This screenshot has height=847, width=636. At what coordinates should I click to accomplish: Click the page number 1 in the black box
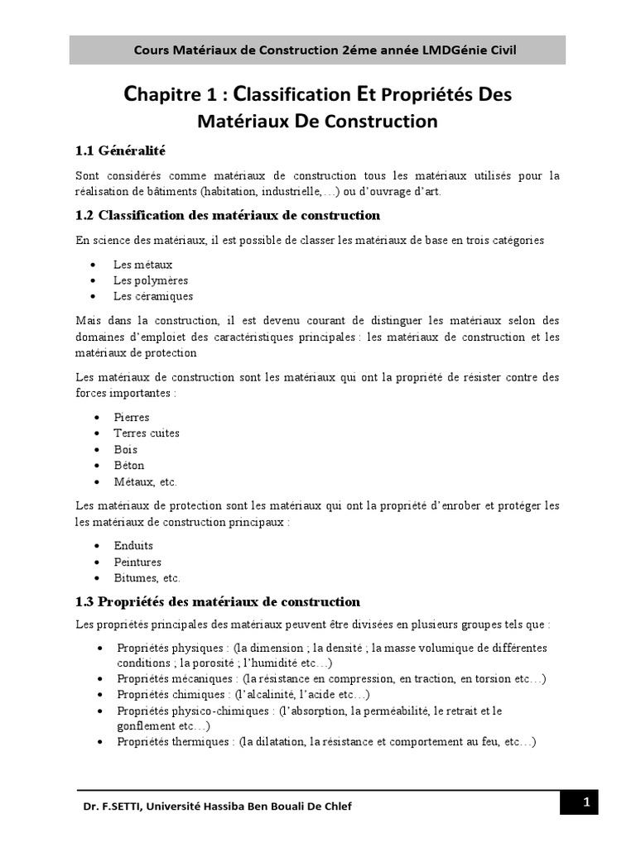(x=585, y=802)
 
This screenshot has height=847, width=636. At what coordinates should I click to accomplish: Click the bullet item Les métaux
(x=143, y=264)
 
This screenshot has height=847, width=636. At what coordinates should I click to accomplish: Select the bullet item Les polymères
(x=151, y=280)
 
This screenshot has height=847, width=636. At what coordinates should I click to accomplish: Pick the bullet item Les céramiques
(x=153, y=296)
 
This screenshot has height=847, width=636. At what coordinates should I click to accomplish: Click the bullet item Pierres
(x=132, y=417)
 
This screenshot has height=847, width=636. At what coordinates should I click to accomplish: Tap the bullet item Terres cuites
(x=147, y=433)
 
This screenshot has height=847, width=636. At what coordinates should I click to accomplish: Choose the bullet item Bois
(x=126, y=449)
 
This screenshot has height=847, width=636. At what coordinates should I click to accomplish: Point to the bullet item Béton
(x=129, y=466)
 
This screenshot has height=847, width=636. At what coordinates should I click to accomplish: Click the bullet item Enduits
(x=134, y=546)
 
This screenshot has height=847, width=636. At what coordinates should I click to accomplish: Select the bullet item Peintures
(x=137, y=562)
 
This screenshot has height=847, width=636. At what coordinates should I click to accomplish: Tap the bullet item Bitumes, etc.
(x=147, y=578)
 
